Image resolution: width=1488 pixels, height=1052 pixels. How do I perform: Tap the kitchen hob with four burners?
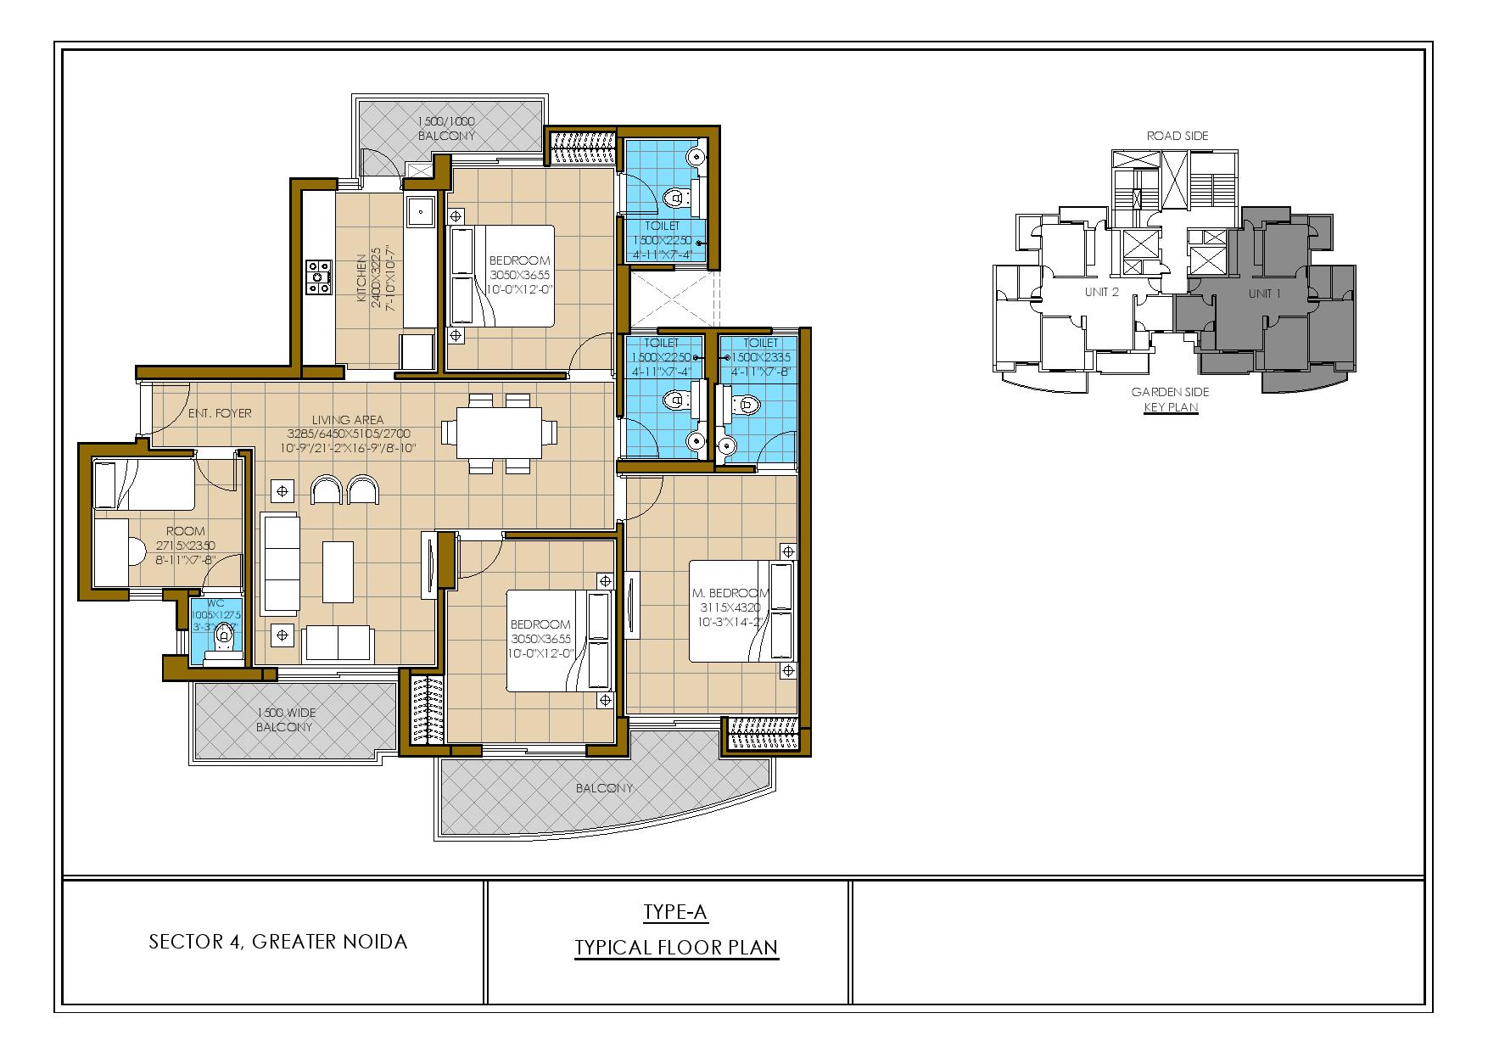pos(319,277)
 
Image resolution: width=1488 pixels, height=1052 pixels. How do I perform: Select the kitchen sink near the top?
pos(420,210)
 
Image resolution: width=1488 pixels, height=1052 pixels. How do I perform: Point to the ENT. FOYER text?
pos(220,414)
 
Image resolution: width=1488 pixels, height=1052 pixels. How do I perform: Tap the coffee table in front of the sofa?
pos(338,570)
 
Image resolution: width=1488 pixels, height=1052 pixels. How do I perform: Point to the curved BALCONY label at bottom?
pos(604,788)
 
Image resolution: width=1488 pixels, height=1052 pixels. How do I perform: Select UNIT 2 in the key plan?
pos(1102,293)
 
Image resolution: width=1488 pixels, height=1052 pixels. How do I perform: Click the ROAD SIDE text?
pos(1178,136)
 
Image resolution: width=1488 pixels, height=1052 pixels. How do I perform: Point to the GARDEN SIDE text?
pos(1170,392)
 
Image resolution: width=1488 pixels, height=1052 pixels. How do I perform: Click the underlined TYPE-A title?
pos(675,913)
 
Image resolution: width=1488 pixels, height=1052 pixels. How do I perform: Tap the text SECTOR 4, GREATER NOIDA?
pos(278,942)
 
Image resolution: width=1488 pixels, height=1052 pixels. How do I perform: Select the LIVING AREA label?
pos(347,419)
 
